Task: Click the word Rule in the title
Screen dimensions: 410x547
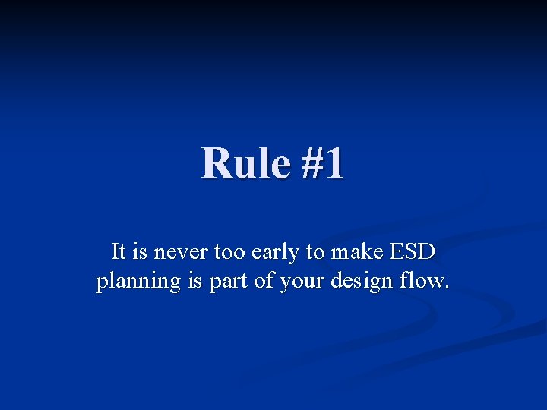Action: pyautogui.click(x=245, y=163)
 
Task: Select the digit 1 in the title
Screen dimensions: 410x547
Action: pyautogui.click(x=334, y=163)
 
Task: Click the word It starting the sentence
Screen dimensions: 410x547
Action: pyautogui.click(x=119, y=251)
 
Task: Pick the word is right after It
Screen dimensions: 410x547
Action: pyautogui.click(x=141, y=251)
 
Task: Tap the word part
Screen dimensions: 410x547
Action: pyautogui.click(x=229, y=282)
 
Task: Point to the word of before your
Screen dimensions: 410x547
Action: pyautogui.click(x=266, y=281)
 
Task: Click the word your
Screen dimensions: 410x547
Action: pyautogui.click(x=300, y=282)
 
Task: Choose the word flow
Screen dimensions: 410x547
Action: pyautogui.click(x=422, y=281)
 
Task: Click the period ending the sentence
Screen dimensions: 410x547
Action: pyautogui.click(x=447, y=288)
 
